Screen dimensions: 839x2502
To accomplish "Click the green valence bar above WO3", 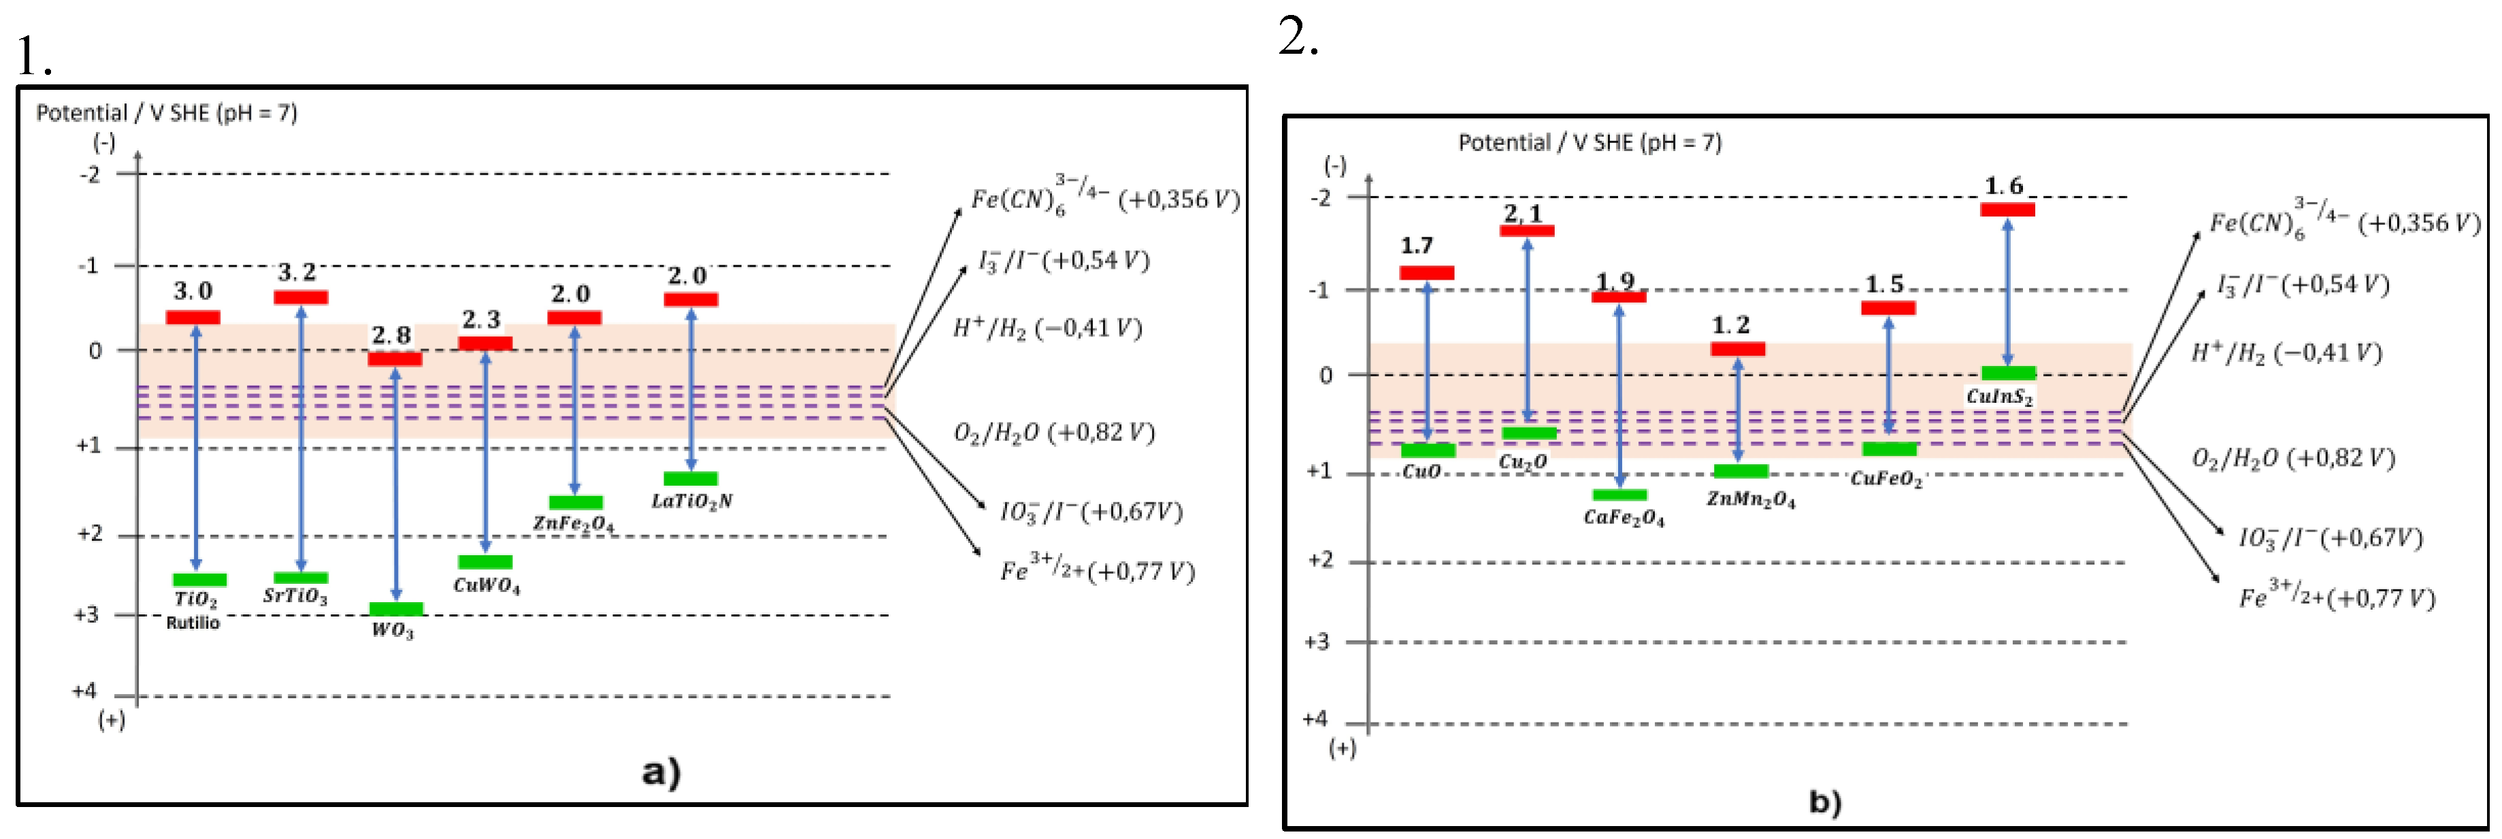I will tap(395, 609).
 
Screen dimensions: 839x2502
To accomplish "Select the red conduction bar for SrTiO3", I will tap(300, 297).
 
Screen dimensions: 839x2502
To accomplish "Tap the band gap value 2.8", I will tap(391, 335).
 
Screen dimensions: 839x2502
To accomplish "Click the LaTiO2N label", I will tap(691, 501).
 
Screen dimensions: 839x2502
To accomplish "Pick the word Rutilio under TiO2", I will tap(193, 623).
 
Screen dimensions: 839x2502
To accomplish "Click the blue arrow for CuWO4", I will tap(486, 452).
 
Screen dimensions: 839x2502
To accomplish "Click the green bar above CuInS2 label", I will tap(2007, 373).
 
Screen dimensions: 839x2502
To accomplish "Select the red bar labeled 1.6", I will tap(2007, 209).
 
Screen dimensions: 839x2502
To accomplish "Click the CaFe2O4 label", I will tap(1623, 518).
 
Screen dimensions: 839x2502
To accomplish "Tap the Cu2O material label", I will tap(1522, 462).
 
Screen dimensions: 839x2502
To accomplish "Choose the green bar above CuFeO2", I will tap(1889, 448).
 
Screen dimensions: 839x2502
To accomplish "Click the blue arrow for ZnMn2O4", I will tap(1738, 410).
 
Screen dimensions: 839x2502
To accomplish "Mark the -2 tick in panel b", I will tap(1320, 198).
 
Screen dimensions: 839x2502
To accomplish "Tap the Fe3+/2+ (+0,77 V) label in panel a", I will tap(1097, 570).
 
